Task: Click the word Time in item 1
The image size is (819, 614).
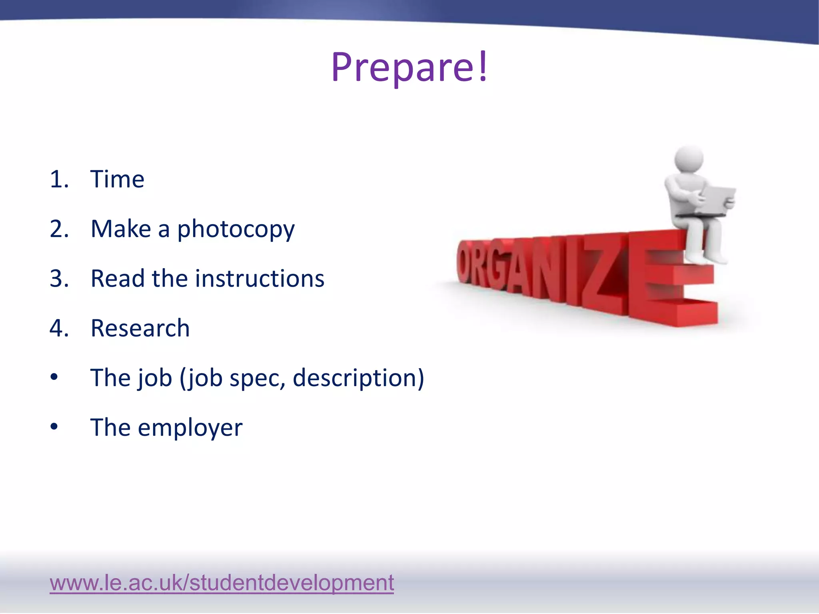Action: click(117, 179)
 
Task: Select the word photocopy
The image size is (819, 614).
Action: click(236, 229)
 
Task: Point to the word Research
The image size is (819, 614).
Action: click(140, 328)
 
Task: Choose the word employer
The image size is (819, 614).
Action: click(190, 428)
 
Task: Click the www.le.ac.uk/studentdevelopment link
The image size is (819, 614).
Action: click(222, 582)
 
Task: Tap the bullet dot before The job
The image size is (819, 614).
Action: click(54, 377)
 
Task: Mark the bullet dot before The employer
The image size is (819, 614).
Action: click(54, 427)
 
